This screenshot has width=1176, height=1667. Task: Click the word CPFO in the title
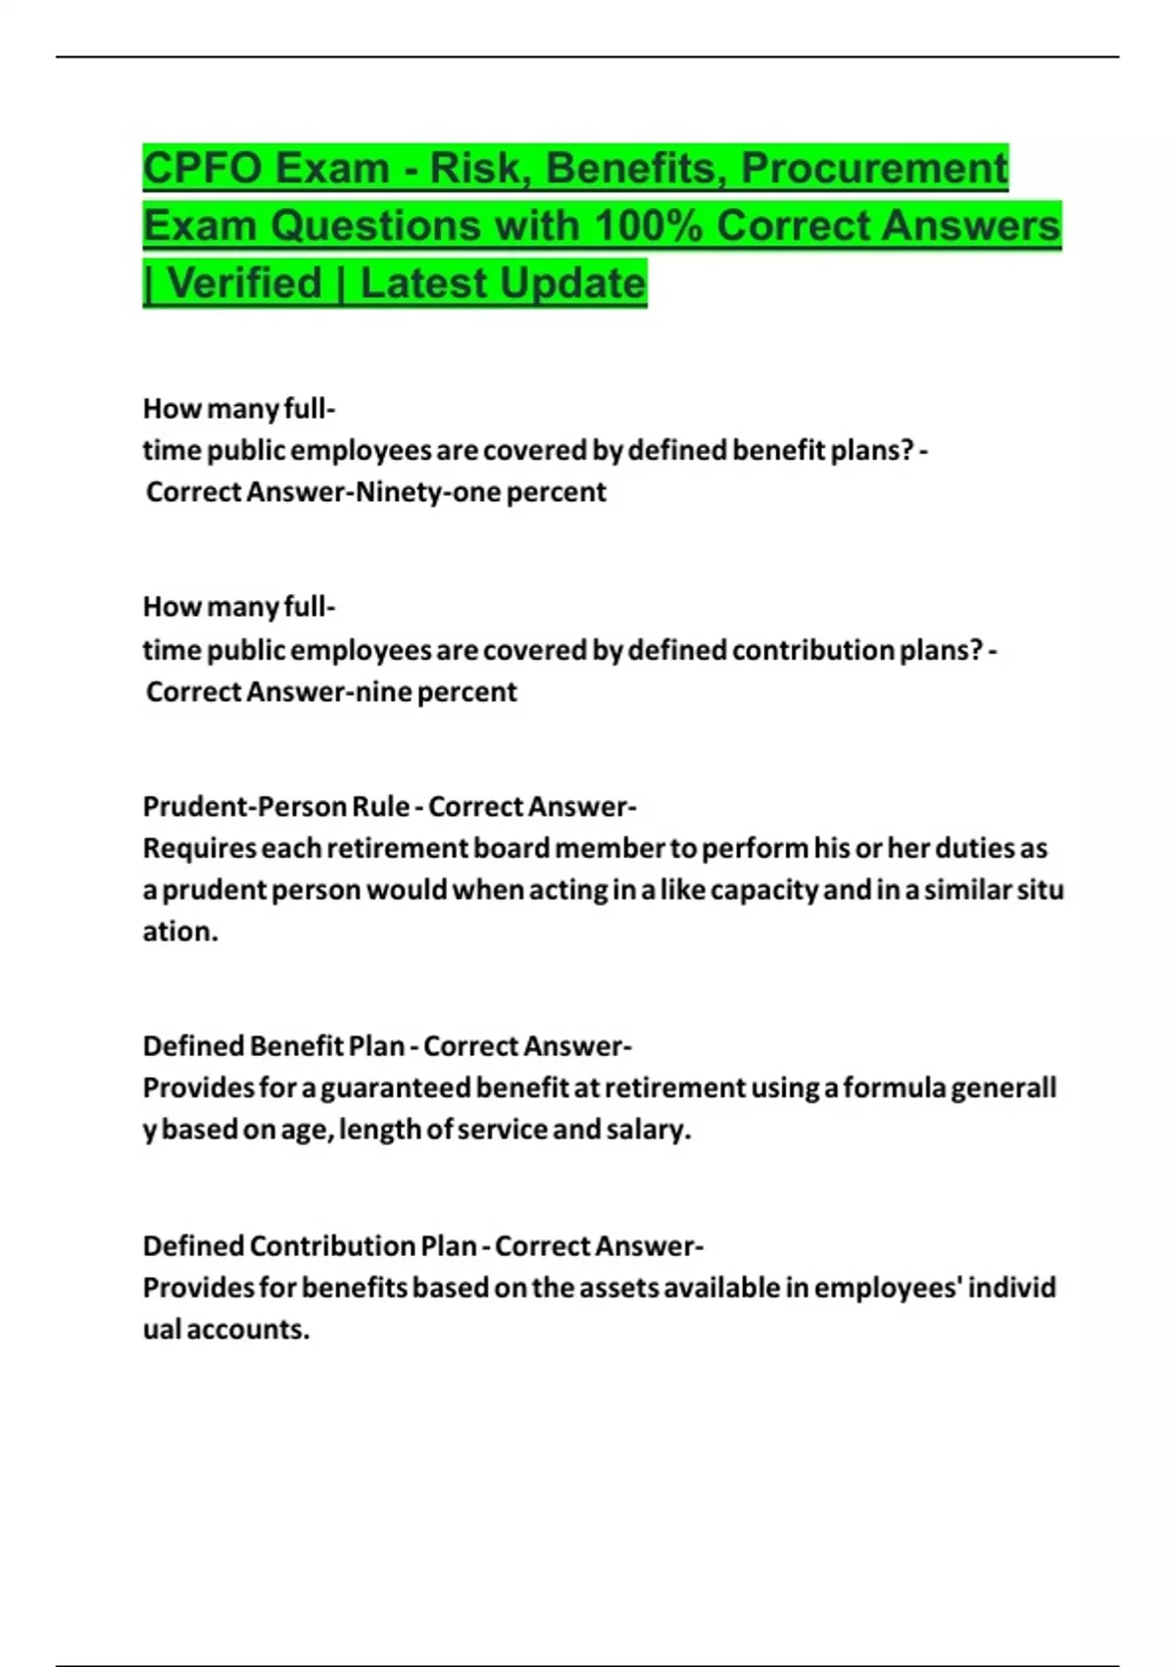coord(201,168)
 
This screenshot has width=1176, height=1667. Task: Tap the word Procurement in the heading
coord(874,168)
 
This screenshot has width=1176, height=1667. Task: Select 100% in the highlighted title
coord(648,226)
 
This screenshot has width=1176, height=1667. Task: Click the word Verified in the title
coord(245,283)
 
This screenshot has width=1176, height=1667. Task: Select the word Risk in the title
coord(475,168)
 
